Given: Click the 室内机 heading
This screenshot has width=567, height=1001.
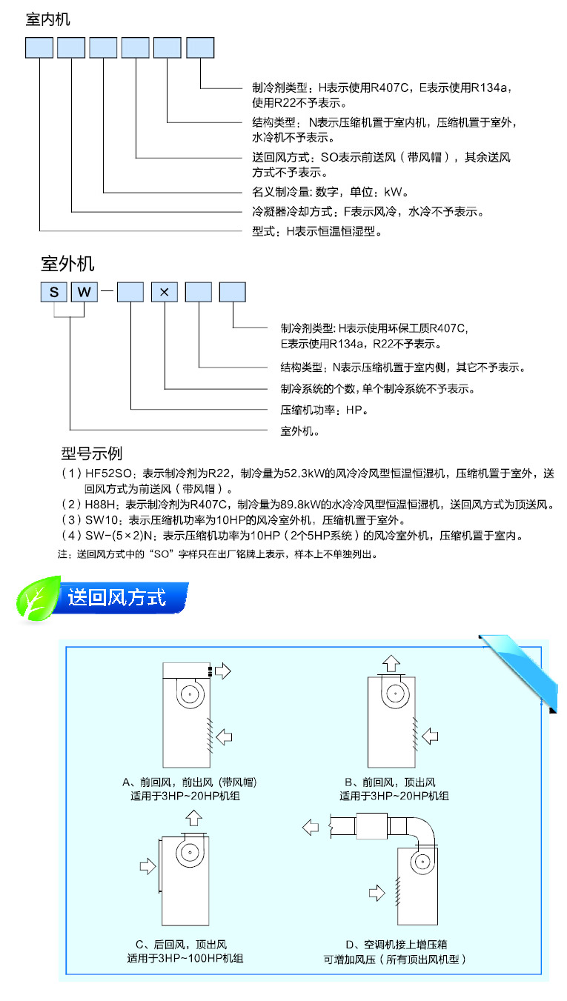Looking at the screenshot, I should point(48,19).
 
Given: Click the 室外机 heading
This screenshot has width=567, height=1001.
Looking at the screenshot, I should point(67,263).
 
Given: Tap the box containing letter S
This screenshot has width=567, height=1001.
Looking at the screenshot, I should point(54,291).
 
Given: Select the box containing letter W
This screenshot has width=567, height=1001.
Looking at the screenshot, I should point(85,291).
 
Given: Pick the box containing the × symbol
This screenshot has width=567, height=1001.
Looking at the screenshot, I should point(165,291).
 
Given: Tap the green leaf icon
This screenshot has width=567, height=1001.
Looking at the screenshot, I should point(39,599).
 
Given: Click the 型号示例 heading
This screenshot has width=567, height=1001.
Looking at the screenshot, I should point(91,453).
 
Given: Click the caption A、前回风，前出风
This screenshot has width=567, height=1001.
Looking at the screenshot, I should point(193,782).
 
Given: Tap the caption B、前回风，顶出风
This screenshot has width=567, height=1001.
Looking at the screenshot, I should point(394,782).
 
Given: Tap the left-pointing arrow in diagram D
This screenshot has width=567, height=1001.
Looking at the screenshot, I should point(312,825).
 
